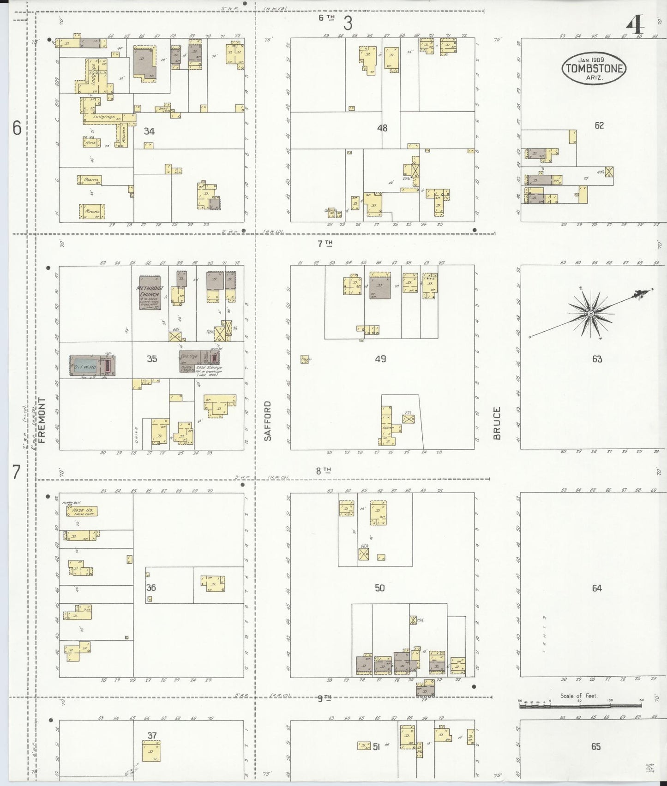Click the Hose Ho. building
point(81,511)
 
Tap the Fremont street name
point(43,420)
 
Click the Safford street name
point(267,421)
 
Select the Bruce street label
point(497,423)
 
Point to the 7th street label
point(324,244)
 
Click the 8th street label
point(324,471)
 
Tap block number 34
point(149,131)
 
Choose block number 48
point(382,128)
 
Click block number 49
point(381,358)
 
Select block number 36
point(151,587)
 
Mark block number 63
point(597,359)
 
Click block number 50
point(379,588)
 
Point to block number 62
point(599,125)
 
